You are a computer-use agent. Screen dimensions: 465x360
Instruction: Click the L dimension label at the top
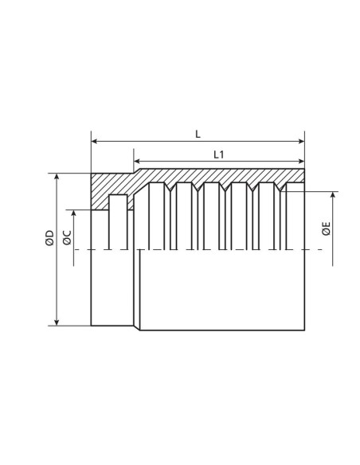click(198, 134)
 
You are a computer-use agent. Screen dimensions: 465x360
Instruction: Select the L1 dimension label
click(218, 154)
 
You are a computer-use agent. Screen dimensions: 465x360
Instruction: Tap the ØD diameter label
click(49, 238)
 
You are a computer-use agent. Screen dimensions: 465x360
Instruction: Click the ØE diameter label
click(327, 231)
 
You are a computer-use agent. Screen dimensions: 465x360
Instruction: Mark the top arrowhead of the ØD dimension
click(57, 176)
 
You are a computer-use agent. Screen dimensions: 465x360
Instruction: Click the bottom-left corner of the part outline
click(92, 325)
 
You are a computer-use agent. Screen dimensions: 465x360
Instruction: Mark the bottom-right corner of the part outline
click(305, 330)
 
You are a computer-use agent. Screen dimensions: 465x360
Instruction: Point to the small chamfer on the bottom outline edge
click(136, 327)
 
